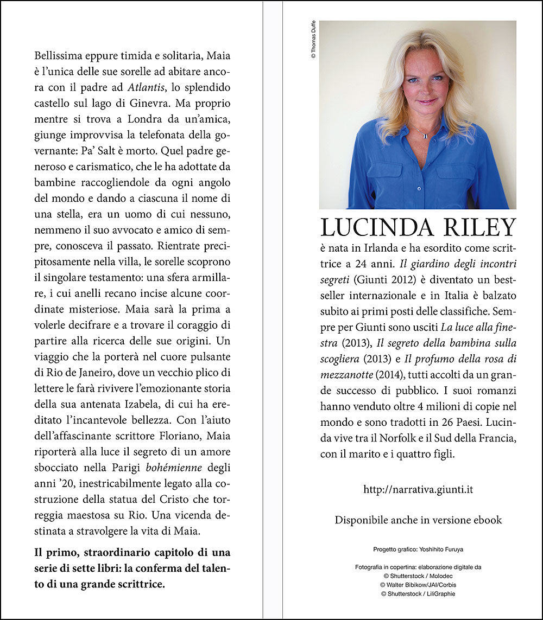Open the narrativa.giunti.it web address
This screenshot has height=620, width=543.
point(418,489)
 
